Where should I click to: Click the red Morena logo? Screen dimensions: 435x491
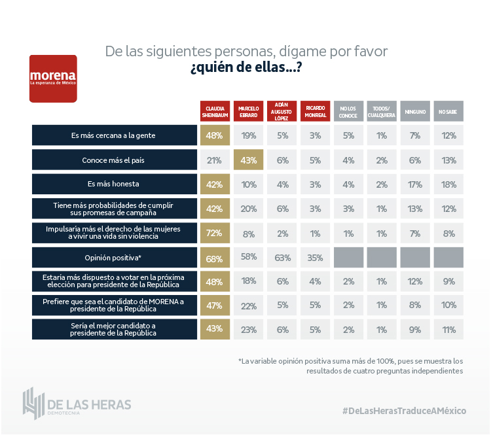click(x=53, y=78)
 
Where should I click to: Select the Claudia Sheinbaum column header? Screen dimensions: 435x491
click(x=215, y=111)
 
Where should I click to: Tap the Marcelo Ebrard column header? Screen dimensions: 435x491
click(x=249, y=111)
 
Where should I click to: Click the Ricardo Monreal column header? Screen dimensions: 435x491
click(x=315, y=111)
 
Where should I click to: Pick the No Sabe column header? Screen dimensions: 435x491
click(x=448, y=111)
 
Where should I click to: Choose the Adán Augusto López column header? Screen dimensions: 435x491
click(x=282, y=111)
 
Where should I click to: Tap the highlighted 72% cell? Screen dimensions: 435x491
click(x=215, y=233)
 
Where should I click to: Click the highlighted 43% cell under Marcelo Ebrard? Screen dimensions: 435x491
click(x=249, y=160)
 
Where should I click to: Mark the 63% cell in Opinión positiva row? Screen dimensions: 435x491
click(x=282, y=257)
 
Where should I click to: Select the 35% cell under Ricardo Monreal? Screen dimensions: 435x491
click(x=315, y=257)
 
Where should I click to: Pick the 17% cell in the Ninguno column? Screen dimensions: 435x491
click(x=414, y=184)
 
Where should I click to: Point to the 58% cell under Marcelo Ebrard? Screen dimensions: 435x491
click(x=249, y=257)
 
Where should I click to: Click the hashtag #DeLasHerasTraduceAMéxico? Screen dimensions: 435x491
click(x=404, y=410)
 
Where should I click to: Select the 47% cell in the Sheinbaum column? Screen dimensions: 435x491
click(x=215, y=305)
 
